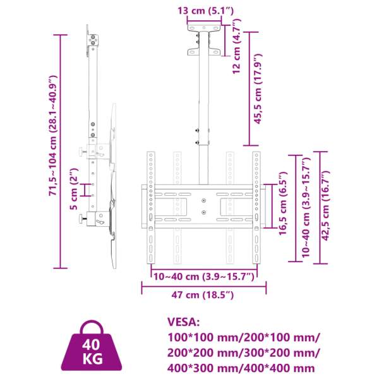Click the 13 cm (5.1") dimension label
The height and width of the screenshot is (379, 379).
(206, 11)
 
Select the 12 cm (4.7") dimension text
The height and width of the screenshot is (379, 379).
(237, 46)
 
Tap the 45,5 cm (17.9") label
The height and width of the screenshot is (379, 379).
(258, 89)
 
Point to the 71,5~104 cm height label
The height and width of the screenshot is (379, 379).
(52, 135)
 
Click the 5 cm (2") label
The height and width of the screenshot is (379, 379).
(74, 189)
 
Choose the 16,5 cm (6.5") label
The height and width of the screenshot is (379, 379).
(283, 203)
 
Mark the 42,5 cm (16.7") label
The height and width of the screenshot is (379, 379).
(325, 206)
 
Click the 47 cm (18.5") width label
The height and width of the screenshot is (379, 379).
(203, 295)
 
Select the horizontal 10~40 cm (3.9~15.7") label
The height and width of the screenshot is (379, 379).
(204, 277)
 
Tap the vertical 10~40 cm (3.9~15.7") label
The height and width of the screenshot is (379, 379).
(306, 207)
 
